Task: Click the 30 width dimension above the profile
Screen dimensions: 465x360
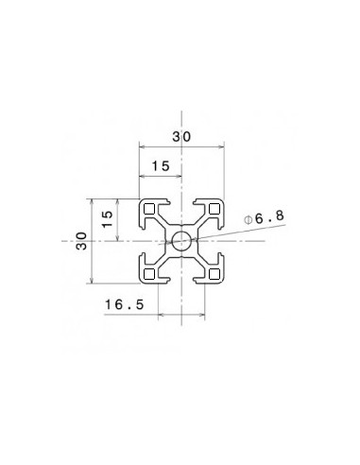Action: click(181, 137)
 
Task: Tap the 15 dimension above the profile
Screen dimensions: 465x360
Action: click(161, 166)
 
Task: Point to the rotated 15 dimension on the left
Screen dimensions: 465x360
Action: click(107, 219)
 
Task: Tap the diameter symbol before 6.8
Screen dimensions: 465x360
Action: click(248, 219)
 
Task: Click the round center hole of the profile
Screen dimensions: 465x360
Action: click(181, 241)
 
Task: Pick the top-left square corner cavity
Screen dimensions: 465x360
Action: click(150, 210)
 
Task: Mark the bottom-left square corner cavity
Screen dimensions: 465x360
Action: click(150, 273)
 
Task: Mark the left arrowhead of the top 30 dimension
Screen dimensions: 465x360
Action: click(143, 146)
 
